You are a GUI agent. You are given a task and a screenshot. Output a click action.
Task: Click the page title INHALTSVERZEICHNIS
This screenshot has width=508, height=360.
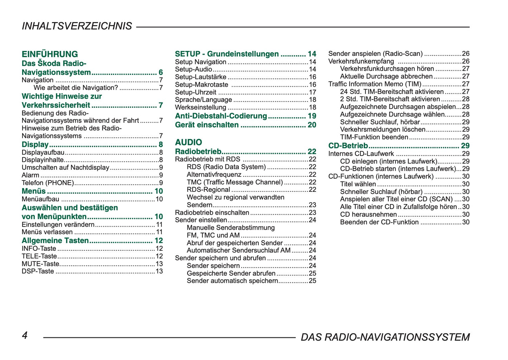tap(77, 26)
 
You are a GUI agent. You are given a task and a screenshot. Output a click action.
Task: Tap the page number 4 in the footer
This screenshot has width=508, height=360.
tap(25, 335)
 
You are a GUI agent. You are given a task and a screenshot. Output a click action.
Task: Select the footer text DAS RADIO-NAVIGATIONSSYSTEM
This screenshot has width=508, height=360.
tap(385, 337)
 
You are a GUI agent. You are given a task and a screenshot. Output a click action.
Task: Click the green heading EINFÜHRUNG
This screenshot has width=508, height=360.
tap(50, 54)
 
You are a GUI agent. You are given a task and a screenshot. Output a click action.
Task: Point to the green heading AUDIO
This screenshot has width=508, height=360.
tap(188, 142)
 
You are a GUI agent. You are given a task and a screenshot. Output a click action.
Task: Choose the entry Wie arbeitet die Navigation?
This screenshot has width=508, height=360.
tap(76, 88)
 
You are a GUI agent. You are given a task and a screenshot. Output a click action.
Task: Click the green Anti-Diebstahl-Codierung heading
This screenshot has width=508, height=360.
tap(221, 116)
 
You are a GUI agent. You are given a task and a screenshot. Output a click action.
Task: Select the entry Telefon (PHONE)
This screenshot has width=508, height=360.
tap(48, 183)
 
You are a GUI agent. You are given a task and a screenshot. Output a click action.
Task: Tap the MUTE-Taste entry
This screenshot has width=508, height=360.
tap(40, 264)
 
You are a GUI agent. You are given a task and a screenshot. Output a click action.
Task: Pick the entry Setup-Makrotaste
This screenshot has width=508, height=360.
tap(201, 85)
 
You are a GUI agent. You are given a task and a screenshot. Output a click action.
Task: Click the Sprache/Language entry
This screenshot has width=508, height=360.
tap(203, 100)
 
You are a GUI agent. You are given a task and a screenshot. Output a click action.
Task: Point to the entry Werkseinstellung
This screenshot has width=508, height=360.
tap(200, 107)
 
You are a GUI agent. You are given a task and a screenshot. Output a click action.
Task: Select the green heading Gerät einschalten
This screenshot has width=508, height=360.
tap(207, 125)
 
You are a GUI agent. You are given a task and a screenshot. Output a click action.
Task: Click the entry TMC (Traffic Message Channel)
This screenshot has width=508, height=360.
tap(234, 182)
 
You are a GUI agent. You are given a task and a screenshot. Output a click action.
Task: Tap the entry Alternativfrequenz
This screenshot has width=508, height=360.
tap(214, 175)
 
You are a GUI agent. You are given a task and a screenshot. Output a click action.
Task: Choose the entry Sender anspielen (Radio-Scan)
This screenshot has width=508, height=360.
tap(375, 54)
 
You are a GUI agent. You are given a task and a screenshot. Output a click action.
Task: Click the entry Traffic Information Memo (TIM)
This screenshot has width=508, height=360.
tap(374, 84)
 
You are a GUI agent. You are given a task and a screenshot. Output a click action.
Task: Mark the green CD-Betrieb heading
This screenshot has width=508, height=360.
tap(348, 146)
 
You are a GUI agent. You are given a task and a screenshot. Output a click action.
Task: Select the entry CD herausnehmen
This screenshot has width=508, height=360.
tap(368, 214)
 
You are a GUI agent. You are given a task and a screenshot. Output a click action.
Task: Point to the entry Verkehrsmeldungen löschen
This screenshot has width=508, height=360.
tap(382, 130)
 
